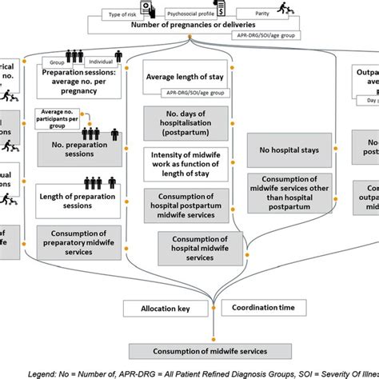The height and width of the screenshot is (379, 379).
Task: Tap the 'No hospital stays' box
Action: (285, 149)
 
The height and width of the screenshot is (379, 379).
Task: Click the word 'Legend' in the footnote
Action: (50, 373)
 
